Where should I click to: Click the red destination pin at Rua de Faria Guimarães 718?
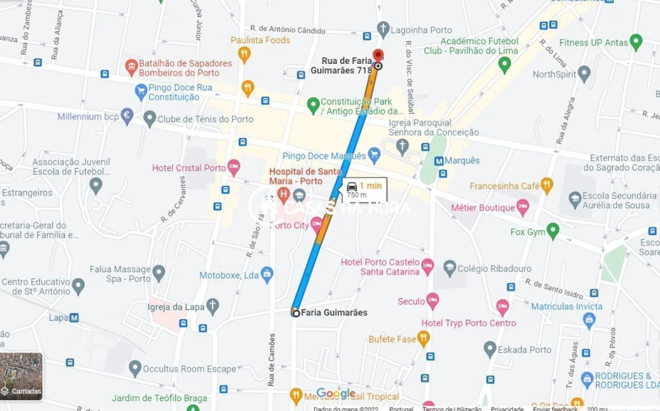point(377,56)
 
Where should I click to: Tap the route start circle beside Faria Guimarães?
point(296,313)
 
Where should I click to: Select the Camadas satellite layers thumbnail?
point(21,376)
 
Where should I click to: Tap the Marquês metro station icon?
point(440,161)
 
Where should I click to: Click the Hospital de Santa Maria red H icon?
point(283,195)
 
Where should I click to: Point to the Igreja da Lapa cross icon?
point(212,307)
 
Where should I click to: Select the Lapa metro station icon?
point(74,318)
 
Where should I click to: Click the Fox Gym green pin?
point(552,231)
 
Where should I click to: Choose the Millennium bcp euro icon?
point(127,116)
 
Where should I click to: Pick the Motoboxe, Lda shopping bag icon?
point(267,274)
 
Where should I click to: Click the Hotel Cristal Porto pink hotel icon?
point(234,167)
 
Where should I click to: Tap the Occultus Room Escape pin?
point(135,368)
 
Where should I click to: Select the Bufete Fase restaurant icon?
point(422,339)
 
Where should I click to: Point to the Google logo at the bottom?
point(336,394)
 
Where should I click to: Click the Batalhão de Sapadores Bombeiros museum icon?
point(131,67)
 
